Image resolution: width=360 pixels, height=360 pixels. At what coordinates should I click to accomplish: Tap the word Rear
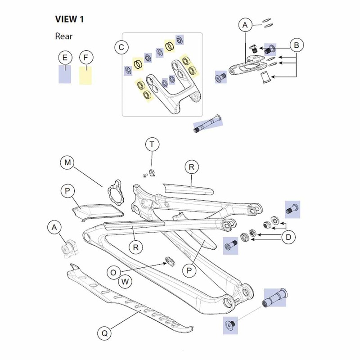coord(64,36)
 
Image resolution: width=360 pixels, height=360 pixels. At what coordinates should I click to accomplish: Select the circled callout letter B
coord(297,45)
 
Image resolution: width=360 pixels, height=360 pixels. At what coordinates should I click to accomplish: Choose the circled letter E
coord(65,58)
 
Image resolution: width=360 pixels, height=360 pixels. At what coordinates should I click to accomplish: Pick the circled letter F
coord(85,58)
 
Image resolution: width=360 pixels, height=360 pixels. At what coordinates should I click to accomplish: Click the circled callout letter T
coord(152,144)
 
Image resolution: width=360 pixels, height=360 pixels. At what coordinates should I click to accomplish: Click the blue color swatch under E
coord(65,74)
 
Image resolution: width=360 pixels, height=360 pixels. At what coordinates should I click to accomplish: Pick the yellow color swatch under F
coord(85,75)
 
